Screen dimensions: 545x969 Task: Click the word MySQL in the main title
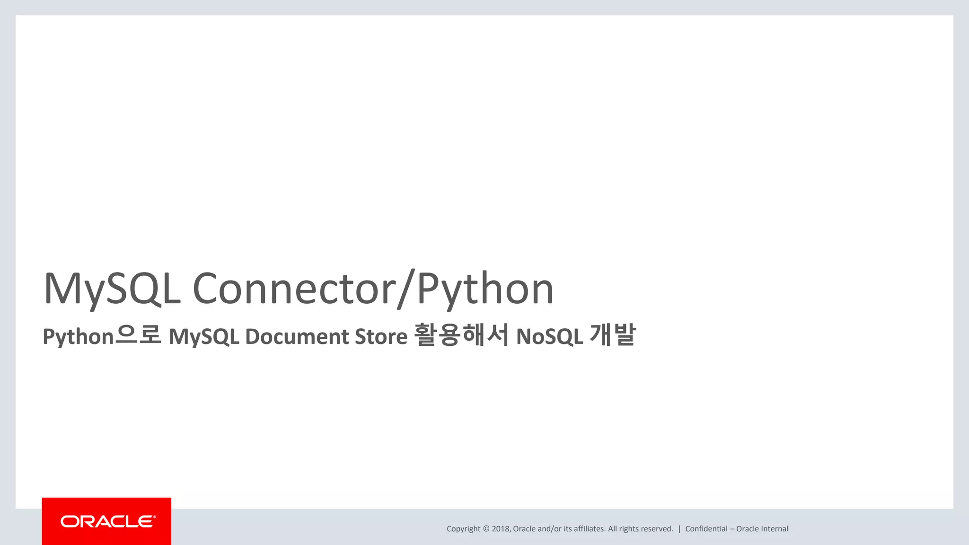click(112, 289)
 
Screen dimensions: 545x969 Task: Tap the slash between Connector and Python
click(406, 289)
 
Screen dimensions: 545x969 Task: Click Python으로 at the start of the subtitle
click(102, 336)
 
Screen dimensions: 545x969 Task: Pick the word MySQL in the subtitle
click(204, 337)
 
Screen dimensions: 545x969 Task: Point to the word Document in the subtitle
click(297, 336)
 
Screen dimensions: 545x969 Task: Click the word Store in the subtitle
click(381, 336)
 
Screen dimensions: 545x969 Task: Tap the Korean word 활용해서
click(461, 335)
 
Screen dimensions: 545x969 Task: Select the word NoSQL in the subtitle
click(549, 337)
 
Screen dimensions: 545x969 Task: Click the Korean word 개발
click(612, 335)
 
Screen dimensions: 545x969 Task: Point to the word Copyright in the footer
click(463, 529)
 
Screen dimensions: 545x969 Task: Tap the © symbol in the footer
click(486, 529)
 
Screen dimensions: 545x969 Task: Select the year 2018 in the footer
click(501, 529)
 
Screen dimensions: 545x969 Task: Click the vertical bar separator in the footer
click(679, 529)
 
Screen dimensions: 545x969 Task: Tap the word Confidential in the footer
click(706, 529)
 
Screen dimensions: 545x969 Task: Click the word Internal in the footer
click(775, 529)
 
